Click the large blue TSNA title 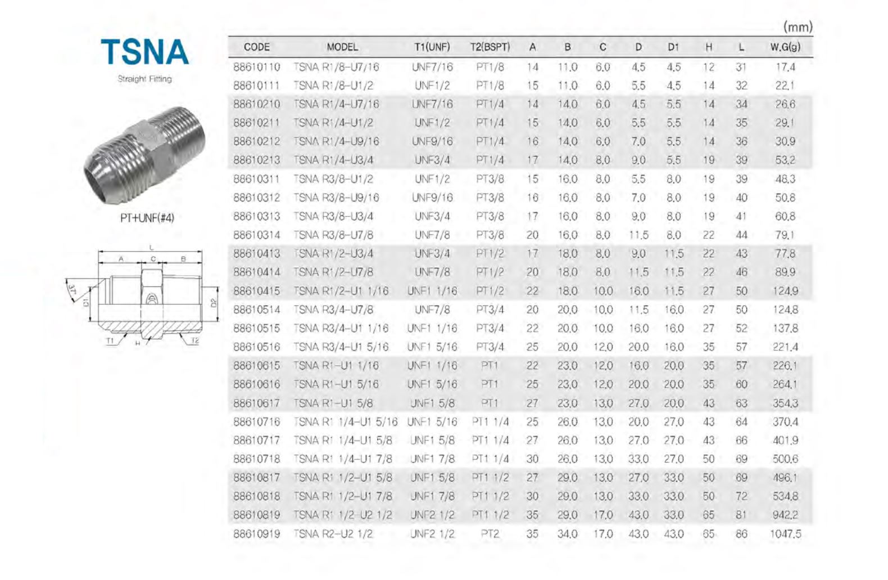click(x=144, y=52)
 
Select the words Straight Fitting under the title click(x=144, y=79)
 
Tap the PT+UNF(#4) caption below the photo click(x=147, y=218)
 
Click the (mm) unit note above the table click(x=798, y=27)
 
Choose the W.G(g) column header click(x=785, y=47)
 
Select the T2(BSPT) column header click(x=490, y=47)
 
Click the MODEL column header click(x=342, y=47)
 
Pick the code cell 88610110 click(x=256, y=67)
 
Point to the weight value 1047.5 click(x=785, y=534)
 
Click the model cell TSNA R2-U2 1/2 click(x=333, y=534)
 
